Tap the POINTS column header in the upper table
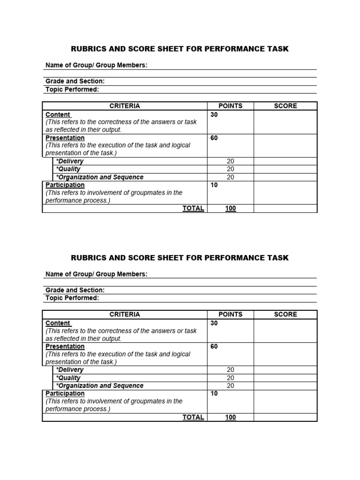click(x=230, y=106)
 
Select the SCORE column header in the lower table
click(x=285, y=315)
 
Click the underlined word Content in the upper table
click(x=58, y=114)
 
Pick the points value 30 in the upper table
click(x=214, y=114)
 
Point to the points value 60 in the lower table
click(x=214, y=346)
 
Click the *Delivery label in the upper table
click(x=69, y=161)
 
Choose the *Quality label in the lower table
click(x=68, y=378)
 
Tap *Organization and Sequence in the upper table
click(x=99, y=177)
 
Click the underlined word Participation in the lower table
click(x=65, y=393)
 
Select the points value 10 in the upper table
click(x=214, y=185)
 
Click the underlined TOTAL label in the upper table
click(x=193, y=209)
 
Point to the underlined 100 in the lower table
click(x=230, y=417)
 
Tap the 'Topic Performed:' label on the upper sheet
click(x=72, y=89)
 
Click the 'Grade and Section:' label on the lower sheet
click(x=75, y=290)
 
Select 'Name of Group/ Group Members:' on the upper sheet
click(x=97, y=65)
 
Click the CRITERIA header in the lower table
click(x=125, y=315)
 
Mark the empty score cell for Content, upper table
click(x=285, y=122)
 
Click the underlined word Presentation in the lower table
click(x=65, y=346)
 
